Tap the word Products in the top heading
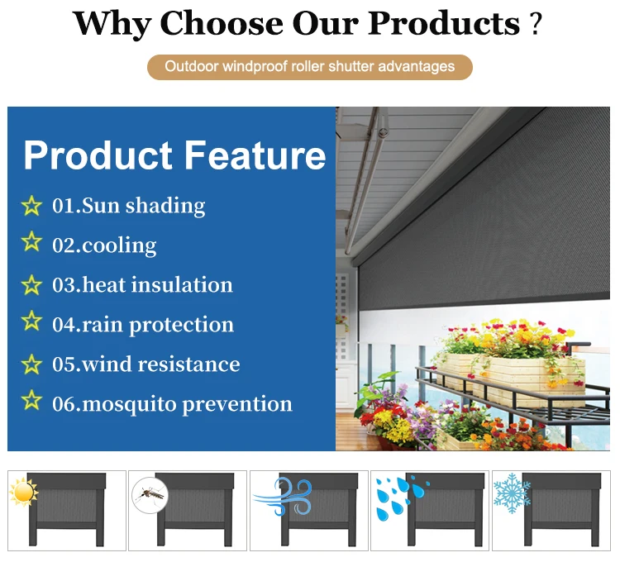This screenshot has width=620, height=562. point(444,23)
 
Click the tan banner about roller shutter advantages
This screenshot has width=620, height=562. point(310,67)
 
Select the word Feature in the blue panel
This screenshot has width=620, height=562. point(255,155)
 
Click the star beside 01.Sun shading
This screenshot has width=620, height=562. point(31,206)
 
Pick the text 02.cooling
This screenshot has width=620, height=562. point(104,245)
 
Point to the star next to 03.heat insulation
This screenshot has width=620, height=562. point(31,285)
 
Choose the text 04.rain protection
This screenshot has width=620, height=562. point(143,325)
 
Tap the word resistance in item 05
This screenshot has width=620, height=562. point(188,364)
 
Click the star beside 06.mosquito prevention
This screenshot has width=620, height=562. point(31,400)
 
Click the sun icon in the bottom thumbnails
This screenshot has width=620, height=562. point(24,492)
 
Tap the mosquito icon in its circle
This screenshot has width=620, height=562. point(150,493)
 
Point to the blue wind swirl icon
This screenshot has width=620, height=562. point(283,497)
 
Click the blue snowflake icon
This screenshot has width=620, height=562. point(512,493)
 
